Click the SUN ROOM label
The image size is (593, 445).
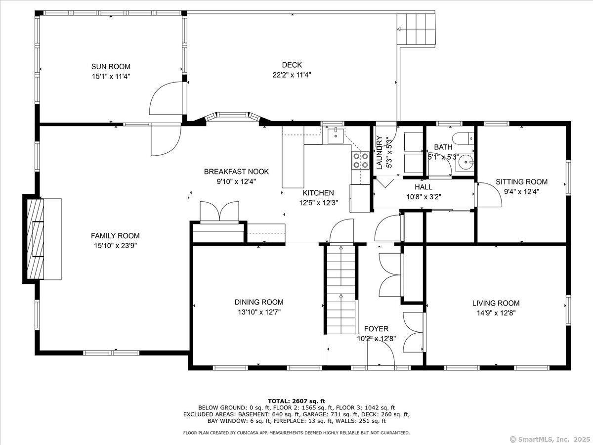pos(111,66)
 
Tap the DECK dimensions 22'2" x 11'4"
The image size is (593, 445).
pos(292,75)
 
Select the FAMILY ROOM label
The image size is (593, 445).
pos(115,236)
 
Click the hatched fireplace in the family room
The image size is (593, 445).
pos(35,239)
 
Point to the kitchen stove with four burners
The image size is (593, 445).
pos(361,161)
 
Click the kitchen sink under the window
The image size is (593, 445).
pos(336,136)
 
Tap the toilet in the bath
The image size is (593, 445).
pos(463,138)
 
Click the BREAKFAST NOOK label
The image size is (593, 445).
pos(236,172)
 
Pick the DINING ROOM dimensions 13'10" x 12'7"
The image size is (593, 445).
pos(259,312)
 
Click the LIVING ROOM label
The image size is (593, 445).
pos(496,303)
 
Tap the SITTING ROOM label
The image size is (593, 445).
pos(521,182)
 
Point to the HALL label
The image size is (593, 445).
pos(424,187)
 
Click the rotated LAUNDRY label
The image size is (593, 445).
pos(380,153)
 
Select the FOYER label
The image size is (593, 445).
pos(376,329)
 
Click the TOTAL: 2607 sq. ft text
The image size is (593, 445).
pos(296,401)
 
